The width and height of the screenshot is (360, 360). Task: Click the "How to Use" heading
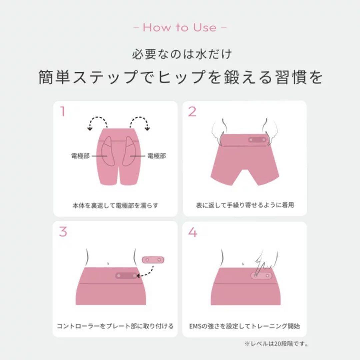tap(180, 28)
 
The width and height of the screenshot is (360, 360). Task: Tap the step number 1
tap(62, 112)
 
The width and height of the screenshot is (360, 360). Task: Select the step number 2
tap(192, 112)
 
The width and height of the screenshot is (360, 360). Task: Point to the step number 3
tap(63, 232)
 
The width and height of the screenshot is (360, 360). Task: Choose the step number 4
tap(193, 232)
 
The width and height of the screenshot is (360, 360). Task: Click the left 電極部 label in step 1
tap(80, 156)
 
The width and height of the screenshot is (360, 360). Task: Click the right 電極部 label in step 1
tap(157, 156)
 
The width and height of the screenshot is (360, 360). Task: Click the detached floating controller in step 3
tap(153, 259)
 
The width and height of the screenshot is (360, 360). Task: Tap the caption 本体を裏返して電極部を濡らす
tap(115, 205)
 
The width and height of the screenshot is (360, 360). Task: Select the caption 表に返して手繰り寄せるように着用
tap(245, 205)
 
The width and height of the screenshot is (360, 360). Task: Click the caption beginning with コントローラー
tap(115, 326)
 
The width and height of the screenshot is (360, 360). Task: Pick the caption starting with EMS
tap(245, 326)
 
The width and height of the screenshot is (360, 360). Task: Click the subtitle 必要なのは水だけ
tap(180, 54)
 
